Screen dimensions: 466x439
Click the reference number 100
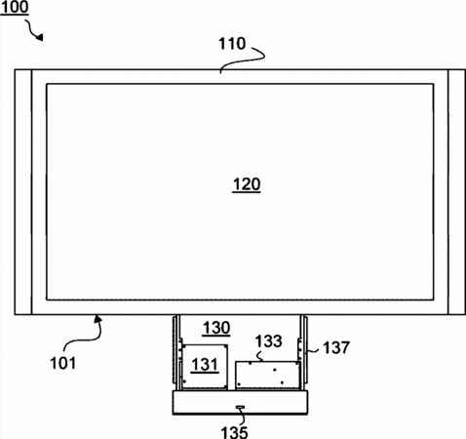coord(15,7)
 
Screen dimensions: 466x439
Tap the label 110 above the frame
coord(232,44)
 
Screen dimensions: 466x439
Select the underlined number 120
coord(247,184)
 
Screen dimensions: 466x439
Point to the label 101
coord(62,363)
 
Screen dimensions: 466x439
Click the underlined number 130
coord(216,328)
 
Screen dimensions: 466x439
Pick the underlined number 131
coord(205,364)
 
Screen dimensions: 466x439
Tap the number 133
coord(268,341)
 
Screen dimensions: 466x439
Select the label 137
coord(336,347)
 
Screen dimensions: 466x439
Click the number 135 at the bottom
coord(234,432)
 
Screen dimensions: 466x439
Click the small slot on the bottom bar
coord(240,407)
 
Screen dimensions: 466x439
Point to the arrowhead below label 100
coord(40,37)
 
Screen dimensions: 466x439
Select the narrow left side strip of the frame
coord(23,192)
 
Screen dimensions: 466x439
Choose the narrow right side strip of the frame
coord(456,192)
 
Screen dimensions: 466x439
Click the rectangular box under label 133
coord(267,375)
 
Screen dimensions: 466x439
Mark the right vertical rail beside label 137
coord(303,352)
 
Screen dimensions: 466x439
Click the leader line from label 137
coord(314,350)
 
